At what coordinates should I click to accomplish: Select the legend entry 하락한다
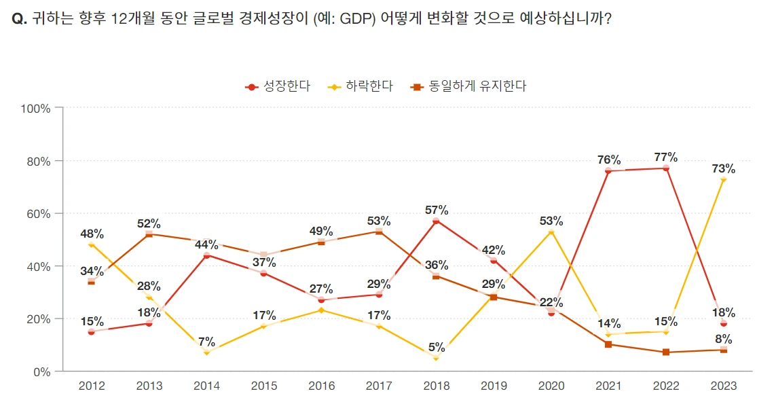[361, 86]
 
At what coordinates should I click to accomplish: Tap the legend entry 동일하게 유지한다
[468, 86]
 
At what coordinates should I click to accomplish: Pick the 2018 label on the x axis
[436, 386]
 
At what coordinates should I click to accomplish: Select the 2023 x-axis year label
[724, 386]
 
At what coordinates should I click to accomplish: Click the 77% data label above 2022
[666, 157]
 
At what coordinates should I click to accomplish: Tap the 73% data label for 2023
[724, 168]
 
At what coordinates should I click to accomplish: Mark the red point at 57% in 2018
[436, 221]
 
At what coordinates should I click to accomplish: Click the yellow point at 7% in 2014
[206, 352]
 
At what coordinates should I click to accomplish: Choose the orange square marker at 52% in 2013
[149, 234]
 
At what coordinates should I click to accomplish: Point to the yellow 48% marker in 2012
[92, 244]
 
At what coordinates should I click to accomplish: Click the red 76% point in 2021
[608, 171]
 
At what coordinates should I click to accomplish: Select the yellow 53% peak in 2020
[551, 232]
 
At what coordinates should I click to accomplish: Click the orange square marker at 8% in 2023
[724, 350]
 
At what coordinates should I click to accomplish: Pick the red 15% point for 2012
[92, 331]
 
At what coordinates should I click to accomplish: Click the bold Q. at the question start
[20, 18]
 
